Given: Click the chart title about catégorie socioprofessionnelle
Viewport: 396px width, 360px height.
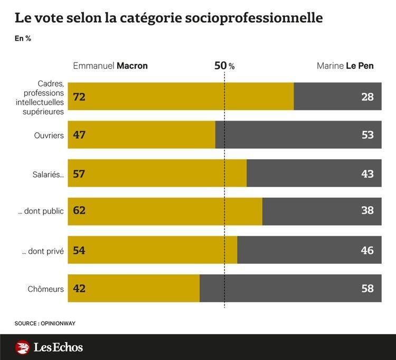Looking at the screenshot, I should (x=168, y=18).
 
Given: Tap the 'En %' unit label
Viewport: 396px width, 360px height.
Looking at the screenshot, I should (x=22, y=39).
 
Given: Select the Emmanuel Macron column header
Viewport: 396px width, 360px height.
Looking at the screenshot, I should (x=110, y=66).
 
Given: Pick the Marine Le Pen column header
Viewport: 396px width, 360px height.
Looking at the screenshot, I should (x=348, y=66).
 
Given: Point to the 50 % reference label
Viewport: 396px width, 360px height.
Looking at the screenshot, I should (x=224, y=66).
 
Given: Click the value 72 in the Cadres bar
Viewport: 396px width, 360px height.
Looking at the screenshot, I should (x=80, y=96).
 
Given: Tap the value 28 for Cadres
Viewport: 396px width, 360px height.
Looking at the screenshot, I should (x=367, y=96).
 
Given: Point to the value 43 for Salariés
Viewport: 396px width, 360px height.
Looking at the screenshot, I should (x=367, y=173).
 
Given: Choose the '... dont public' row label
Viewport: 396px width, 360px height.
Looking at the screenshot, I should (x=41, y=211).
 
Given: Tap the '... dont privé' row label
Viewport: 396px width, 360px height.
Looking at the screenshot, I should (x=43, y=251).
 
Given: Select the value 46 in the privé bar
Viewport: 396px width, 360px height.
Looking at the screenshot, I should (x=367, y=250).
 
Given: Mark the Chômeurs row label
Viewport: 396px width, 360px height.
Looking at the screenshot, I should (x=46, y=289).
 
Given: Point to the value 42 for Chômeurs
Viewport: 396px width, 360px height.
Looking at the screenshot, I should (x=80, y=289).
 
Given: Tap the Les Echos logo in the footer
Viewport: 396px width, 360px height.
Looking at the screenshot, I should (x=50, y=347).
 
